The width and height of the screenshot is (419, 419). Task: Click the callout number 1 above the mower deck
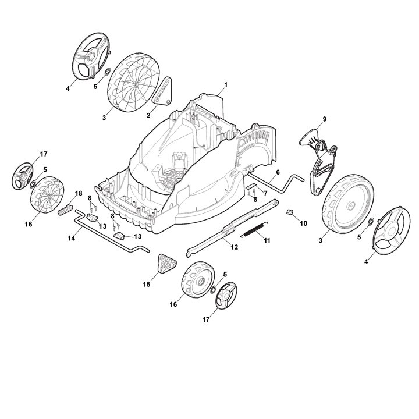(226, 85)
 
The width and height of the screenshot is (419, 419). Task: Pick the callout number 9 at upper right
(324, 119)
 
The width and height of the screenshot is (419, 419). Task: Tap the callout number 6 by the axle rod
(278, 172)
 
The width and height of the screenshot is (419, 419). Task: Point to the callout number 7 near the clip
(265, 193)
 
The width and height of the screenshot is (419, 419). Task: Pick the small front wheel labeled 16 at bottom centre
(196, 283)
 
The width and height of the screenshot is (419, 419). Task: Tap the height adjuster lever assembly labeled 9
(318, 158)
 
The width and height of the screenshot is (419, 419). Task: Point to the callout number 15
(147, 284)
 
